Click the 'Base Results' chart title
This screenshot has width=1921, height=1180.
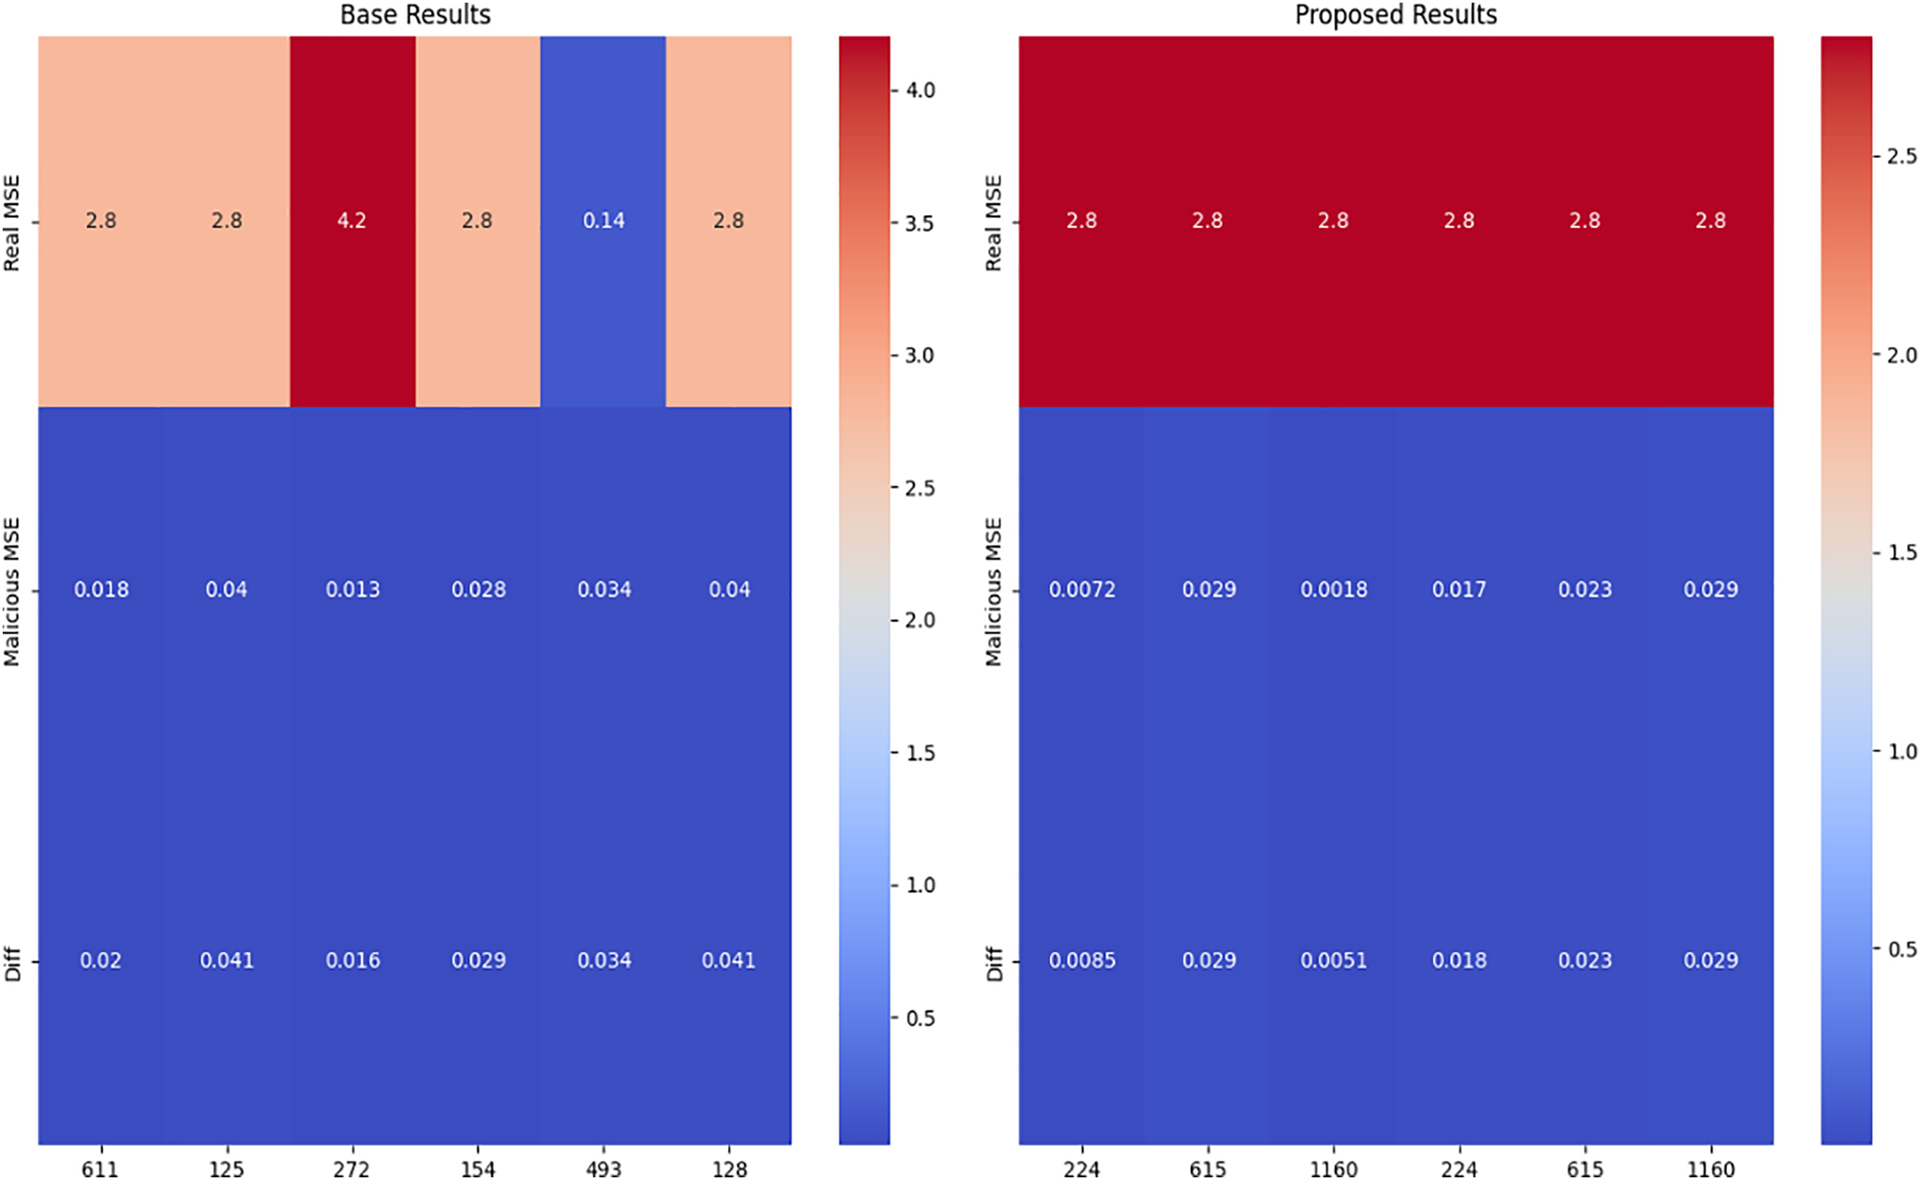(x=415, y=15)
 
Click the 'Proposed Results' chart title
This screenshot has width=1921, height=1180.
(x=1395, y=15)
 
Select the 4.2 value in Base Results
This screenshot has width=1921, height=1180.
(x=352, y=221)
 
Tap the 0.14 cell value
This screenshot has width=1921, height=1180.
(x=604, y=221)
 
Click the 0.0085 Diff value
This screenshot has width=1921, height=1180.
(x=1081, y=961)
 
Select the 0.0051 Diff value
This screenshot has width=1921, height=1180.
(x=1334, y=961)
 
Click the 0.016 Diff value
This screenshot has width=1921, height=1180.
(x=352, y=961)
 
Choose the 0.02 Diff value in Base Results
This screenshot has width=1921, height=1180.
(x=101, y=961)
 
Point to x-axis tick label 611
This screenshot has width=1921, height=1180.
(x=101, y=1169)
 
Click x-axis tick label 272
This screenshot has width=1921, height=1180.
(x=352, y=1169)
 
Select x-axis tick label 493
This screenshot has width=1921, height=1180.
(x=604, y=1169)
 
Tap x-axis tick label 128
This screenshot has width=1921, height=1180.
(x=729, y=1169)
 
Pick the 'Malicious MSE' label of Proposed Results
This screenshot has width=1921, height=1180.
(x=993, y=591)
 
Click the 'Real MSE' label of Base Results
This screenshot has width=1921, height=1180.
(x=11, y=223)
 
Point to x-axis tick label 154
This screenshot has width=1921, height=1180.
(x=477, y=1169)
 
